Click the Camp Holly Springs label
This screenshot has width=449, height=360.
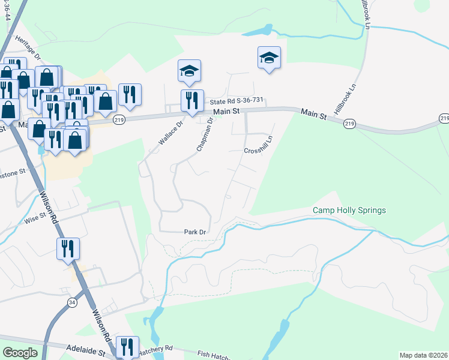349,210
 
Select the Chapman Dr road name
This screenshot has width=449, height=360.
205,134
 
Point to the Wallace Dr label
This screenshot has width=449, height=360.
170,132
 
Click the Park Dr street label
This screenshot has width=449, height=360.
194,232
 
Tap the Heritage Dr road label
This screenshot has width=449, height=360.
28,48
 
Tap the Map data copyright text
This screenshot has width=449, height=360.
423,355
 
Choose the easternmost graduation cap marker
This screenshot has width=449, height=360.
269,58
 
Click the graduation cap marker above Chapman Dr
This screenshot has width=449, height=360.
189,71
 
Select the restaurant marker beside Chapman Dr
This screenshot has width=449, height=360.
191,100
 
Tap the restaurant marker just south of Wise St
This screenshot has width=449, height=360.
67,248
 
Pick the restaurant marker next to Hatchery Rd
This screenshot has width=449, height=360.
128,346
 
